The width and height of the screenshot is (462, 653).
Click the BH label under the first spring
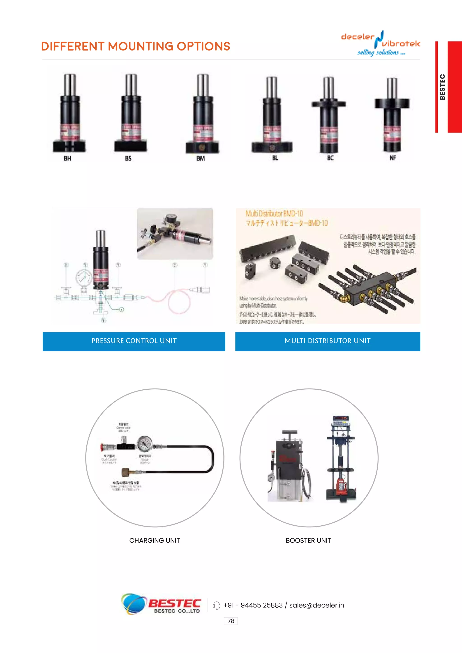coord(67,159)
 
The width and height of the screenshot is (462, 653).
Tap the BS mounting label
coord(128,159)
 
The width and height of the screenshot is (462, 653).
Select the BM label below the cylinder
coord(201,159)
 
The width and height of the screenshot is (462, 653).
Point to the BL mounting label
coord(275,158)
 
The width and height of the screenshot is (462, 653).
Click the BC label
coord(330,158)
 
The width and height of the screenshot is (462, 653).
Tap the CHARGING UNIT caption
coord(155,540)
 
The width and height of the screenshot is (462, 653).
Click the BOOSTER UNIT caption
coord(308,540)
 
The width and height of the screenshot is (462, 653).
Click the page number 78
coord(231,621)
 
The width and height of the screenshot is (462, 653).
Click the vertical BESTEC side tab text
coord(442,87)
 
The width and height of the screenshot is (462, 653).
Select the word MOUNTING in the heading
coord(141,46)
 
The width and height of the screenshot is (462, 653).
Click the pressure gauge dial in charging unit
coord(145,443)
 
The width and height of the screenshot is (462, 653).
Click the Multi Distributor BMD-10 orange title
coord(274,214)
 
